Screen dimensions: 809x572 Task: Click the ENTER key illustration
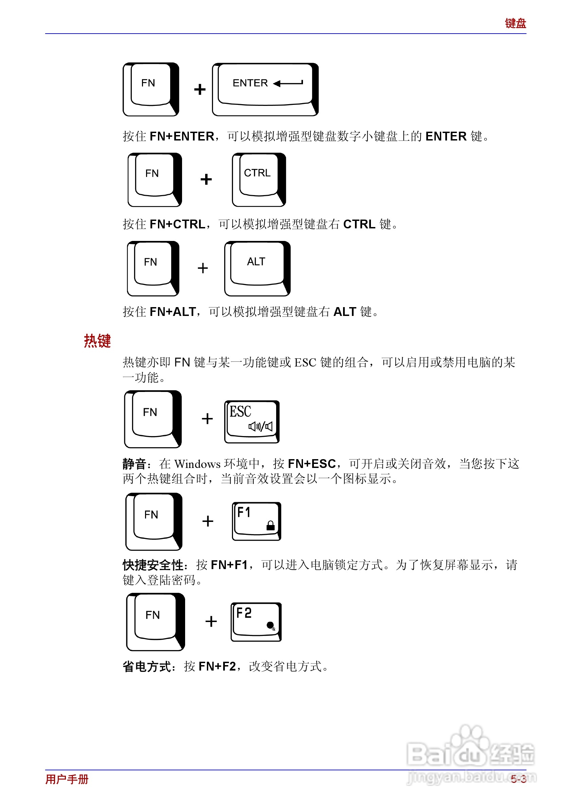coord(265,89)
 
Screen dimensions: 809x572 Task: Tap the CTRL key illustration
coord(258,180)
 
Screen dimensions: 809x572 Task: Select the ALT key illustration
coord(257,268)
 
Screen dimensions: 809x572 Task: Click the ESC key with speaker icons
coord(252,421)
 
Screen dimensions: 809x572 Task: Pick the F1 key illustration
coord(256,521)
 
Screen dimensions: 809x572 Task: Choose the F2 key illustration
coord(256,622)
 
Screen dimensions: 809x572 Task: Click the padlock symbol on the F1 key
coord(270,525)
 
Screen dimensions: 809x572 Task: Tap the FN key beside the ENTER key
coord(150,89)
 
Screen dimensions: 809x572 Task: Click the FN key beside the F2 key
coord(155,622)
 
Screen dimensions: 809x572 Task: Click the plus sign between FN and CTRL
coord(206,180)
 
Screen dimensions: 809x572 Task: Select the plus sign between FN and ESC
coord(207,419)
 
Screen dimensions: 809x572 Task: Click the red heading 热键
coord(97,341)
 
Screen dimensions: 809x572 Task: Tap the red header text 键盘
coord(515,23)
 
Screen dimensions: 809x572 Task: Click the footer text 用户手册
coord(67,779)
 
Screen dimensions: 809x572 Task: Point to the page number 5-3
coord(518,779)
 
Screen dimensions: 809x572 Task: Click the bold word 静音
coord(135,464)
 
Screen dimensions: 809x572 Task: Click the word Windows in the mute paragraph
coord(197,464)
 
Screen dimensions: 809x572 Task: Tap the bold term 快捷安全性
coord(153,565)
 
